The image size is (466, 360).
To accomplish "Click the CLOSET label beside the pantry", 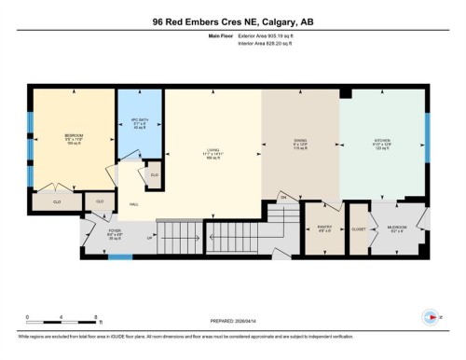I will [358, 229].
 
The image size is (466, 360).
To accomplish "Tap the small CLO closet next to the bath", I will [154, 175].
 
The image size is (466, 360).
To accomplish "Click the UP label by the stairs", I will [150, 238].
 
